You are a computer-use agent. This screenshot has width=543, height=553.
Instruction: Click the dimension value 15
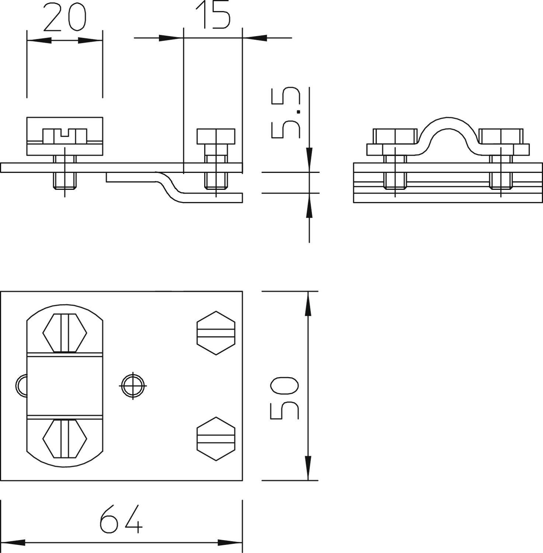[213, 15]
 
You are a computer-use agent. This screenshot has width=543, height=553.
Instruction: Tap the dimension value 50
[284, 398]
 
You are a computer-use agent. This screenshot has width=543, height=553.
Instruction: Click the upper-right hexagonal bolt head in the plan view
[216, 333]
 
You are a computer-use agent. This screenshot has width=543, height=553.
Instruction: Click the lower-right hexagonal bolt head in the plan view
[216, 439]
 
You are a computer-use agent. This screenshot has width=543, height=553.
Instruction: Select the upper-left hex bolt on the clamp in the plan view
[65, 333]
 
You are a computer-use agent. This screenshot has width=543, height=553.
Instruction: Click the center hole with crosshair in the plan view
[133, 386]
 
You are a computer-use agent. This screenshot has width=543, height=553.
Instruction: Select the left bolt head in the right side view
[395, 136]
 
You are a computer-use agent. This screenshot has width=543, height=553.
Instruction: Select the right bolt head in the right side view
[501, 136]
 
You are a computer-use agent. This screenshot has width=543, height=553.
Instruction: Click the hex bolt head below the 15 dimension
[216, 136]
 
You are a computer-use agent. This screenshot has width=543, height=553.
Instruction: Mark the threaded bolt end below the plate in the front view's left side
[65, 181]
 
